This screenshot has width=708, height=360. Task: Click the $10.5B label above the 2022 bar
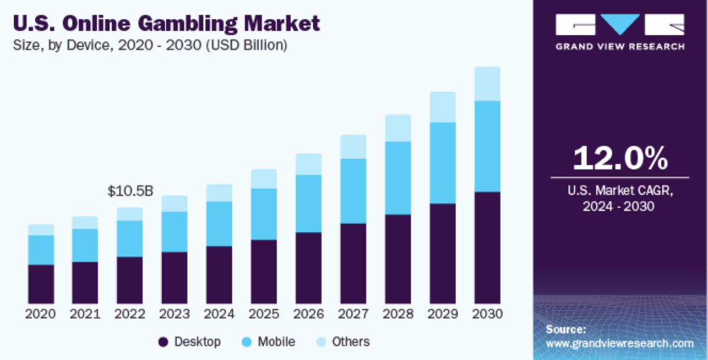130,191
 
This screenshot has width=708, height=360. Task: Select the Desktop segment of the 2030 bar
487,248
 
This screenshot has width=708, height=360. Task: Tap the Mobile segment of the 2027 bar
353,191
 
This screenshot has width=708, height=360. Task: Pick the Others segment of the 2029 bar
442,107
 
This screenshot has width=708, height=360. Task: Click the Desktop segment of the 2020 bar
41,284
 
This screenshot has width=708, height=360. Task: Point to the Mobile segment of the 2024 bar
219,224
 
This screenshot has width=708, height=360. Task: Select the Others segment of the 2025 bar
264,179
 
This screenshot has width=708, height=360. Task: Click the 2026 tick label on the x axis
309,313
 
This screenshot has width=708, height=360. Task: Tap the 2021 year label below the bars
86,313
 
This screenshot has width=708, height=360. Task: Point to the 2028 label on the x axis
398,313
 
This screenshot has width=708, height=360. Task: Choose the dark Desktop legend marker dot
164,342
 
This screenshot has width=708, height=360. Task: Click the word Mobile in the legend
276,342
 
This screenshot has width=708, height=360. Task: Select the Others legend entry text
350,342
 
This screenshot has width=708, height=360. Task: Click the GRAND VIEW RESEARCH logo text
620,46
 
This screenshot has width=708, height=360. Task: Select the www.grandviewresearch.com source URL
619,343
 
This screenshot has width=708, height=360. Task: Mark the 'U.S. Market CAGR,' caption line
619,191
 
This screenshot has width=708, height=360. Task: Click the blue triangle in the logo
621,24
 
